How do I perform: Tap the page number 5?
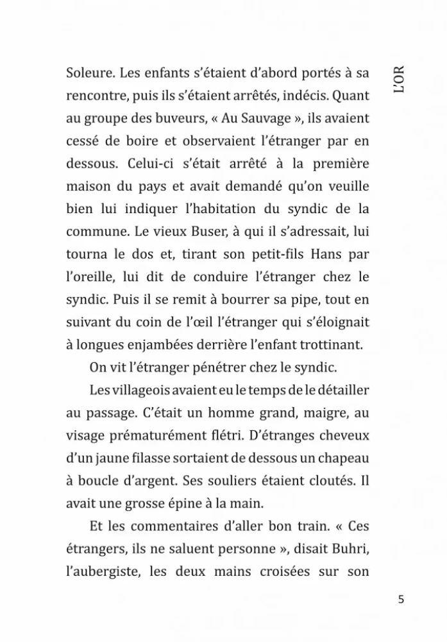point(401,600)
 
